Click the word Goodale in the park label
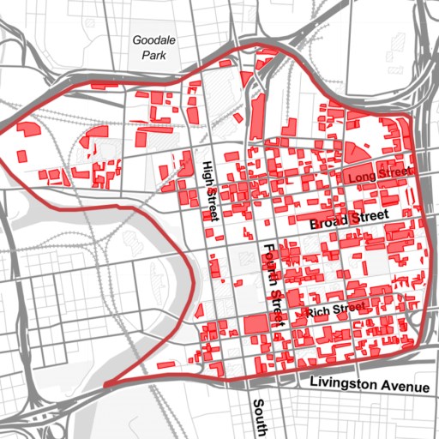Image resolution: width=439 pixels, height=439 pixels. (x=151, y=39)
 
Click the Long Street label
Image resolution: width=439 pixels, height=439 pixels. (x=376, y=176)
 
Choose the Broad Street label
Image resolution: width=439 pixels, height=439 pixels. (x=349, y=219)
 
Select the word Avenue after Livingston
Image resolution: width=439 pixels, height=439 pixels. (x=405, y=387)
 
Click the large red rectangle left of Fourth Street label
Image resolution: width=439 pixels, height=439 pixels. (x=255, y=324)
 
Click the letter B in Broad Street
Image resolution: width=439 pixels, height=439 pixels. (x=315, y=223)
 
